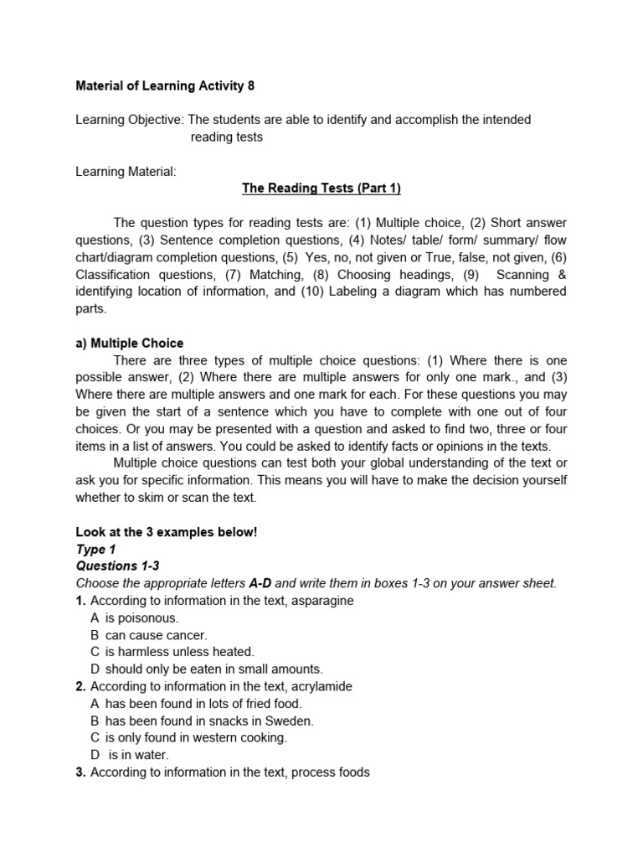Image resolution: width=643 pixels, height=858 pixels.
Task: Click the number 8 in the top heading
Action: (x=250, y=85)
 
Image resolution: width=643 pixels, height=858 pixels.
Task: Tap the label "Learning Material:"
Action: (x=126, y=171)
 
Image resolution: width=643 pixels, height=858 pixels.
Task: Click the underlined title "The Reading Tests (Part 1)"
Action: (x=321, y=189)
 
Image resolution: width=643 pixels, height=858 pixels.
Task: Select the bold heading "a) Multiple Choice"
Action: (x=130, y=343)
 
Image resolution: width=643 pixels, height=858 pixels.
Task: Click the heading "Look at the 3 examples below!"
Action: (x=166, y=532)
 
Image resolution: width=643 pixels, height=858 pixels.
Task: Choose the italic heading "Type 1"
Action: (x=95, y=550)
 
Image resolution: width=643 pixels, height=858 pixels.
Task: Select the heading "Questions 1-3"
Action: (x=117, y=566)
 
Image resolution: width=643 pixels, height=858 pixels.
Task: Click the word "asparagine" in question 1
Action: (x=320, y=601)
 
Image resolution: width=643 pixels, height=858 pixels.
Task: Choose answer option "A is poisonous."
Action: (x=134, y=618)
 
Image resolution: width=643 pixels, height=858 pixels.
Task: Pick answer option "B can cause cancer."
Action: (x=148, y=635)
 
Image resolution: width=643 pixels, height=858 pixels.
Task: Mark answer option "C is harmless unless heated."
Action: (x=172, y=652)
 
